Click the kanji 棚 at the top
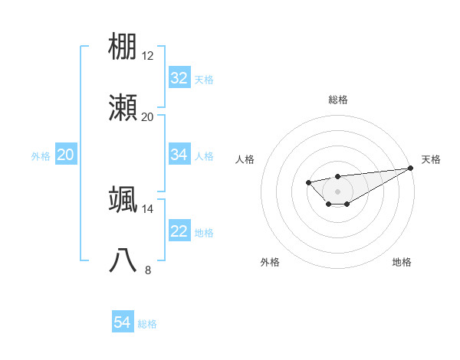click(x=123, y=46)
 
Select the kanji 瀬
click(x=123, y=108)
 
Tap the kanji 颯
click(x=123, y=199)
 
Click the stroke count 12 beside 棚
click(x=148, y=56)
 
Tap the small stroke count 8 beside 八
click(x=148, y=270)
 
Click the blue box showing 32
click(x=179, y=78)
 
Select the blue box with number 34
click(x=179, y=155)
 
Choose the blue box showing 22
click(x=179, y=231)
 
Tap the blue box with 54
click(x=123, y=323)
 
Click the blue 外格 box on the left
click(x=66, y=155)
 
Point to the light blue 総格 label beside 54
click(x=147, y=324)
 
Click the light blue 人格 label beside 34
click(x=204, y=155)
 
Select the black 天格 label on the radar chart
click(x=431, y=159)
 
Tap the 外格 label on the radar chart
click(x=270, y=262)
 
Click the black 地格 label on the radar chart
click(x=402, y=262)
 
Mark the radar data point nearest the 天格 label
click(x=410, y=168)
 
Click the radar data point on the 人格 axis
click(x=308, y=182)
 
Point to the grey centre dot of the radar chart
click(x=337, y=191)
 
